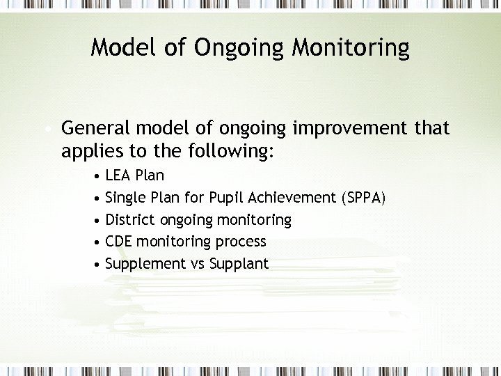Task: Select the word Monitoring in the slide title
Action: [351, 49]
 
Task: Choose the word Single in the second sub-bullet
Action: [124, 198]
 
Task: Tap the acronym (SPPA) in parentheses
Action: [363, 198]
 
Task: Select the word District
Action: [130, 220]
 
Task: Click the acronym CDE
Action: [119, 242]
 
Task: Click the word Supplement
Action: [145, 265]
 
